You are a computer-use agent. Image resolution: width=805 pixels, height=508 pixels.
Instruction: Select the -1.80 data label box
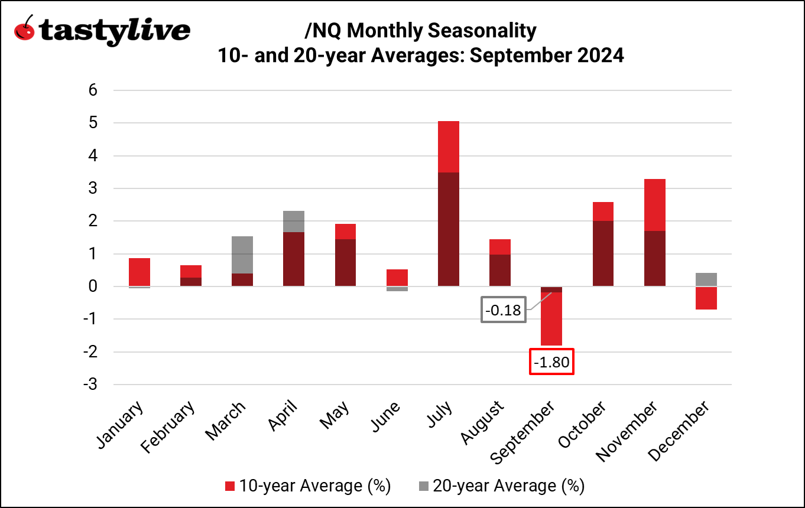pyautogui.click(x=551, y=362)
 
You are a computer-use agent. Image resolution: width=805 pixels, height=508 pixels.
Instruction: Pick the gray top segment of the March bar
pyautogui.click(x=242, y=255)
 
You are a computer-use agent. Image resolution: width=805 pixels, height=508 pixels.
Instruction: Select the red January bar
pyautogui.click(x=139, y=272)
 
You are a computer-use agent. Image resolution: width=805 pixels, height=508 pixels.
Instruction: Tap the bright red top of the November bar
pyautogui.click(x=654, y=204)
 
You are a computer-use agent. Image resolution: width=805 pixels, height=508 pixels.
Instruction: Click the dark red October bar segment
pyautogui.click(x=603, y=253)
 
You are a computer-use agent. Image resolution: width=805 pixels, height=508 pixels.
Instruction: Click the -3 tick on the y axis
pyautogui.click(x=89, y=385)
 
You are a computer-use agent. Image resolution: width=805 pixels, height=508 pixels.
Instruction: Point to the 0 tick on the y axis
pyautogui.click(x=93, y=286)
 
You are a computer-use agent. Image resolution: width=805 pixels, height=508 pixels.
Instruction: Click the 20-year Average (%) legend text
pyautogui.click(x=508, y=486)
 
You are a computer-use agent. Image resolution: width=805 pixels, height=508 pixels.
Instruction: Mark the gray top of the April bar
pyautogui.click(x=294, y=222)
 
